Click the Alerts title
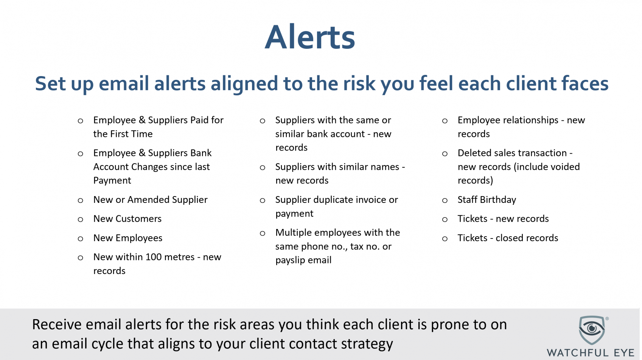point(310,37)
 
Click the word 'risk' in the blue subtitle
point(359,84)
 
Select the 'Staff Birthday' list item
point(487,199)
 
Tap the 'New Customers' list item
point(127,219)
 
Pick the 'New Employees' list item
point(128,238)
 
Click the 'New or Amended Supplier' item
point(151,199)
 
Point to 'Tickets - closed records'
point(508,238)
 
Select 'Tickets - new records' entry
point(503,219)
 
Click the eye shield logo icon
point(592,330)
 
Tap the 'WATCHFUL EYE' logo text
point(591,353)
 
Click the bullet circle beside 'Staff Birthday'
point(445,201)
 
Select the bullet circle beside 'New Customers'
point(81,220)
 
